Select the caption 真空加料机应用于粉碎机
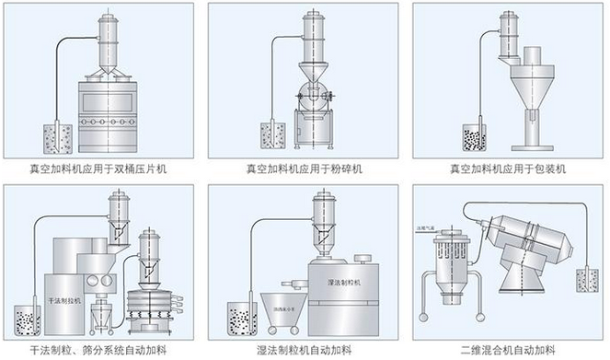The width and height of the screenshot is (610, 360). pos(305,169)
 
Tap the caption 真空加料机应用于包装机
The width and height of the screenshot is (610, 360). pos(507,169)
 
